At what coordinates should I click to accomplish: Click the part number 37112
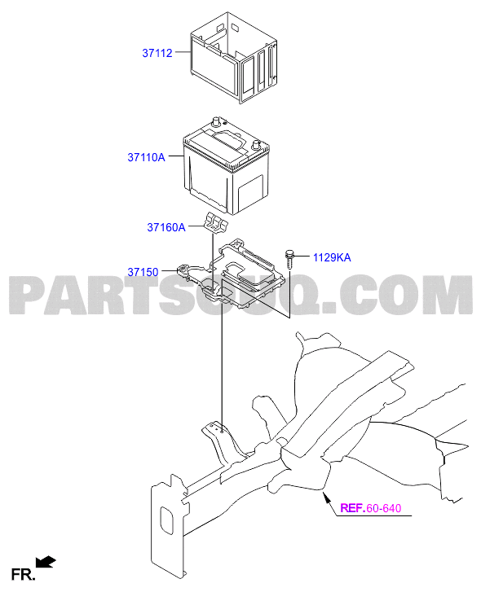(x=157, y=53)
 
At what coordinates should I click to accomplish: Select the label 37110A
(x=146, y=157)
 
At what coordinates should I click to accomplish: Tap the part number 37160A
(x=166, y=227)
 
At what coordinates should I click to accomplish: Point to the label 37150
(x=143, y=272)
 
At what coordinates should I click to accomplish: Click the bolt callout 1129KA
(x=332, y=257)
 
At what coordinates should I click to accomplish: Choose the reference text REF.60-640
(x=371, y=508)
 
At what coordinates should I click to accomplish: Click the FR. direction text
(x=23, y=575)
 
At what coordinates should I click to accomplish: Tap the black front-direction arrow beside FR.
(x=46, y=562)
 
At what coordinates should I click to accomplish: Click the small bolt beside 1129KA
(x=289, y=259)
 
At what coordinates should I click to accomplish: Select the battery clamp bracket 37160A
(x=216, y=222)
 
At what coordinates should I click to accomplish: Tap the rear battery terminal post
(x=217, y=121)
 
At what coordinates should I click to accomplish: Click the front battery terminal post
(x=256, y=145)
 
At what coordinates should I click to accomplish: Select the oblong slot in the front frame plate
(x=166, y=520)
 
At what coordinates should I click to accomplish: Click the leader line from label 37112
(x=183, y=52)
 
